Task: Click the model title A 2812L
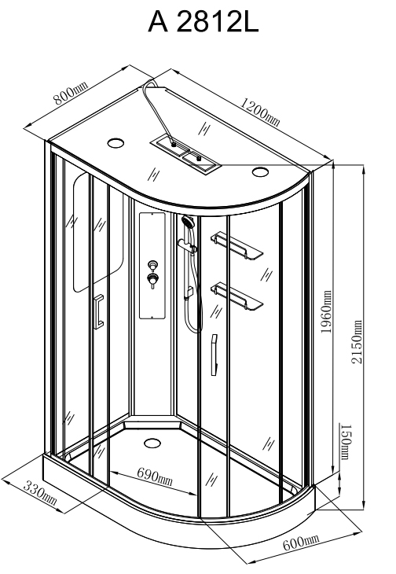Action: point(203,22)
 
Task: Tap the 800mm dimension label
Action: point(71,94)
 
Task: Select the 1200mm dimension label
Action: point(260,112)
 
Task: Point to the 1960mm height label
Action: point(326,311)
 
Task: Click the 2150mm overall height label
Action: point(357,341)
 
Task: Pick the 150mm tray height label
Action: point(346,441)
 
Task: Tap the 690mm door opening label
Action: point(155,476)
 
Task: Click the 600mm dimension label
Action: point(301,542)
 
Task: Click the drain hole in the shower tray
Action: point(152,443)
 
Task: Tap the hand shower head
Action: point(188,222)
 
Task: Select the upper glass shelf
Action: point(236,245)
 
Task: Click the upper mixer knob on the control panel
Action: point(152,265)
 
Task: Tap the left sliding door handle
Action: point(99,311)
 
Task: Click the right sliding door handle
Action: point(214,355)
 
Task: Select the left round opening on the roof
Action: point(115,143)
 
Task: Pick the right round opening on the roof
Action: point(260,171)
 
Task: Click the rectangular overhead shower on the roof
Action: point(185,154)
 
